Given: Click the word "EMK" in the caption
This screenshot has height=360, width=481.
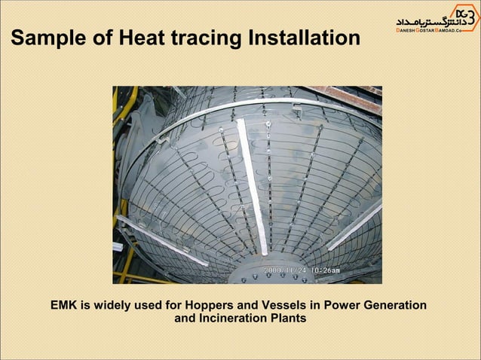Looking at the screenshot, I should point(65,305).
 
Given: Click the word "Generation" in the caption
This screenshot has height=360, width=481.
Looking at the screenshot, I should point(396,305).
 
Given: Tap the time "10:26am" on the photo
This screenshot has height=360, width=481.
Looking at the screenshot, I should point(324,270).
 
